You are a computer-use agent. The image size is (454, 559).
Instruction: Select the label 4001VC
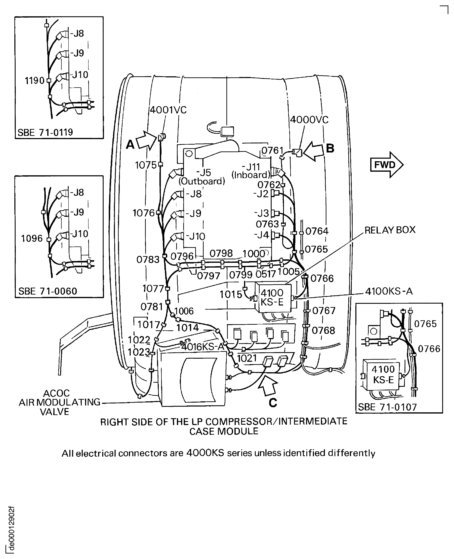(168, 110)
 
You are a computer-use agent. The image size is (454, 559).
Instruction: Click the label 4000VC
(309, 120)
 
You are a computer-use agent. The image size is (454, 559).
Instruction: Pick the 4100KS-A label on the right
(389, 291)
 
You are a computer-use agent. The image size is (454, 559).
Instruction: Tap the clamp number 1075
(146, 165)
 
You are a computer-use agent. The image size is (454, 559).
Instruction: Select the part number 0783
(148, 260)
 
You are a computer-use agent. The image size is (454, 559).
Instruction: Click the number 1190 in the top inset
(35, 80)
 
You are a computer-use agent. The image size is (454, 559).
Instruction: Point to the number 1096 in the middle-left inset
(32, 238)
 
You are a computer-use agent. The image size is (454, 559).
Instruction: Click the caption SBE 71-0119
(45, 133)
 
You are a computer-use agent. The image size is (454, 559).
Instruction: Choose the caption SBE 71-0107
(387, 407)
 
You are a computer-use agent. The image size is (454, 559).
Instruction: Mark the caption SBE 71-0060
(48, 291)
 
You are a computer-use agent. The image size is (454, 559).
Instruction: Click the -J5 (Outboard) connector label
(202, 177)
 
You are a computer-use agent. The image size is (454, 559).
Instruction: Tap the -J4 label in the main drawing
(262, 235)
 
